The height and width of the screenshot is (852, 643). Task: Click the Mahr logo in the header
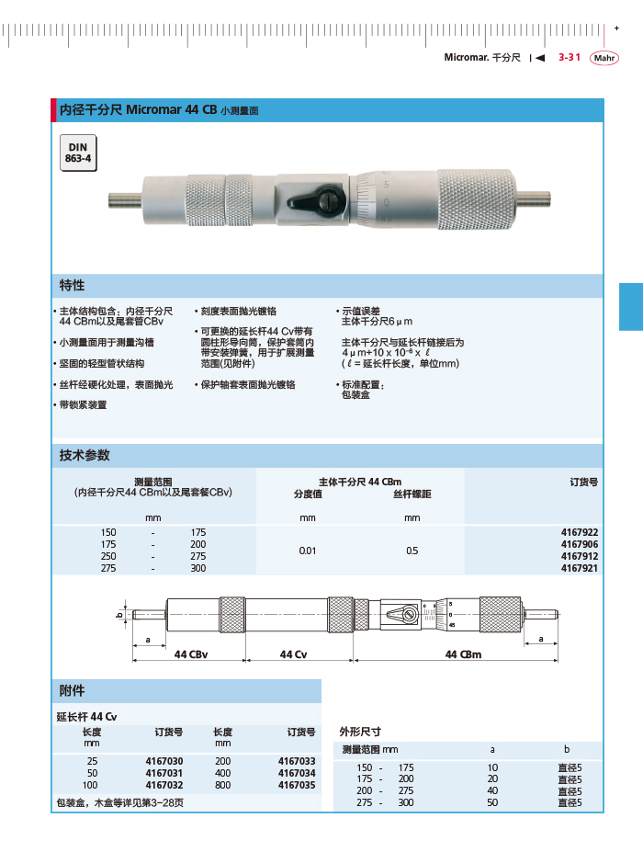coord(604,57)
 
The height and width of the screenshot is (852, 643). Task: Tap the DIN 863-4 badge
coord(77,153)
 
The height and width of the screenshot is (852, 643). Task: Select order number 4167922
coord(580,532)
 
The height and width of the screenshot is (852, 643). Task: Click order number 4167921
coord(580,568)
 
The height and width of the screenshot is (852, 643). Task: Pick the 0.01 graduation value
coord(308,551)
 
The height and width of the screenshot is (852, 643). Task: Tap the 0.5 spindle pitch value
coord(412,551)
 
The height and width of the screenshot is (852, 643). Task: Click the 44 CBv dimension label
coord(191,653)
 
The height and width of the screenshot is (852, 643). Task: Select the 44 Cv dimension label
coord(293,653)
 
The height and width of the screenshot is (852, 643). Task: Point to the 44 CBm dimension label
coord(463,653)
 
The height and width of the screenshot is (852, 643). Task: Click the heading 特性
coord(73,285)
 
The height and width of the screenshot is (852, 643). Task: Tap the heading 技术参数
coord(85,455)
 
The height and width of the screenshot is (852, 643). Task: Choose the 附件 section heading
coord(72,690)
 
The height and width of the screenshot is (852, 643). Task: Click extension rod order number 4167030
coord(164,761)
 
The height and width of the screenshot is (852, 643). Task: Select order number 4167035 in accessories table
coord(296,785)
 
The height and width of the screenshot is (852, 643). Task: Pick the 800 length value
coord(223,785)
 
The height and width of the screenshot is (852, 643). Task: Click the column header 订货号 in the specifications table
coord(584,481)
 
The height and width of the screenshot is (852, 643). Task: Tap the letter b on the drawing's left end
coord(119,616)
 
